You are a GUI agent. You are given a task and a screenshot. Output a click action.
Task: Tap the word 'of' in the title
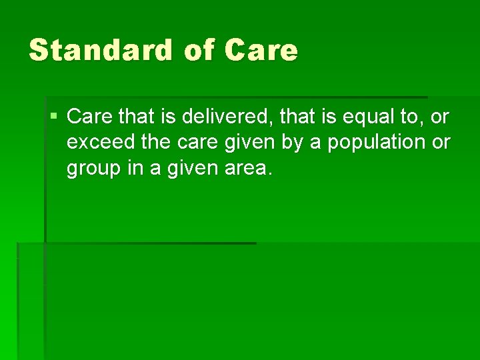[x=197, y=51]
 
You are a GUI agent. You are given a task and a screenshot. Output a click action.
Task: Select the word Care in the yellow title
[x=261, y=51]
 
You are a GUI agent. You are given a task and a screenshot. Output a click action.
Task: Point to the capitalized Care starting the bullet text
[x=90, y=117]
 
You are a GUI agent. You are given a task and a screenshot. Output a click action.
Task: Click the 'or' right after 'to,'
[x=439, y=117]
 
